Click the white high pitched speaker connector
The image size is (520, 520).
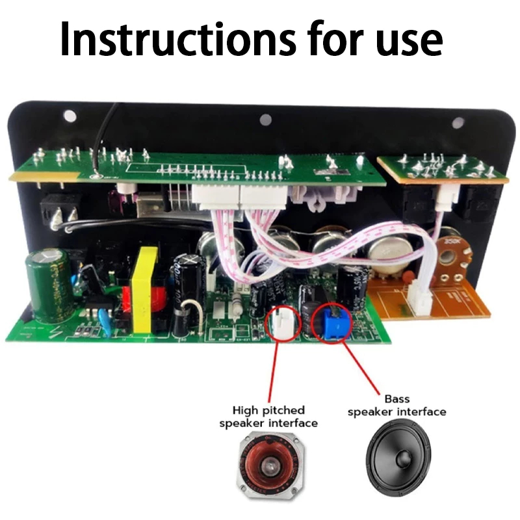283,320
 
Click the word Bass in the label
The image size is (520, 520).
397,398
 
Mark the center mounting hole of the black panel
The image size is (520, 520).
265,120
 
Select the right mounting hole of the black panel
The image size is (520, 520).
458,122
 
